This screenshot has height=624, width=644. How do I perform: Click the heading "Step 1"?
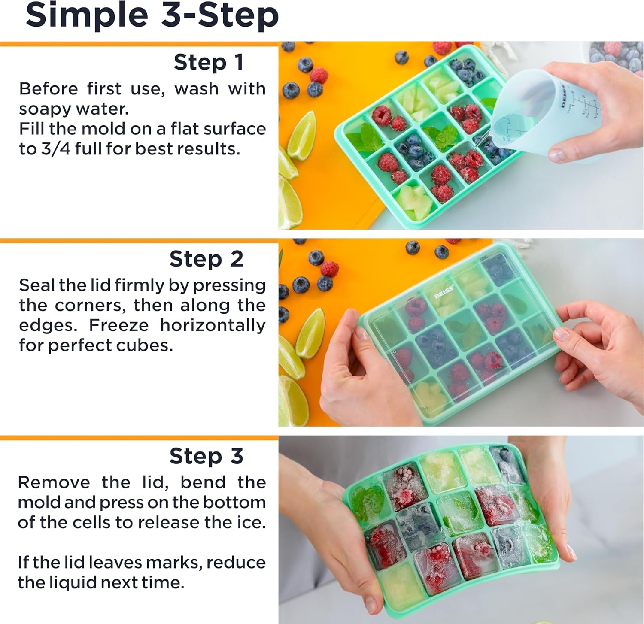209,62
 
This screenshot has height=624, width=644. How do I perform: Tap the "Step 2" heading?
206,259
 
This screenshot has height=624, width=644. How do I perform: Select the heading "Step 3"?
206,456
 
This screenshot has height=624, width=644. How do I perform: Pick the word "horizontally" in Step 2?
213,325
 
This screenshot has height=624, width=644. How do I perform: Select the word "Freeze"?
118,325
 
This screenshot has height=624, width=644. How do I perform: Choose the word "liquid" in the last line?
74,582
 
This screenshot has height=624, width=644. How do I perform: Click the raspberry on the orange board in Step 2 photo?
329,269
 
